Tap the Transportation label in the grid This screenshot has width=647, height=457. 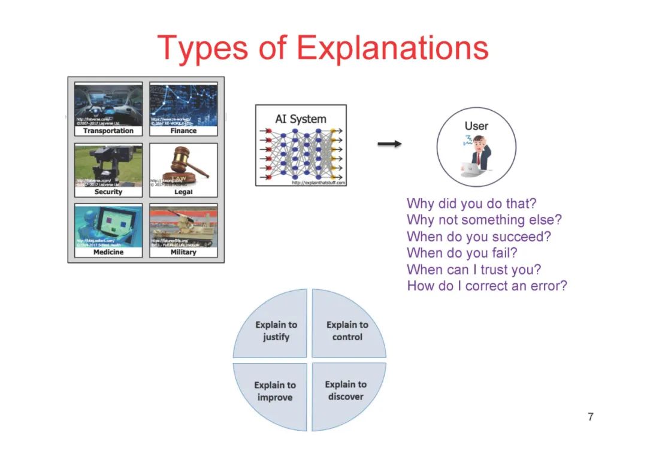108,131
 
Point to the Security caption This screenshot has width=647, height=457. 108,192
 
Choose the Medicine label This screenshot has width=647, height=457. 108,252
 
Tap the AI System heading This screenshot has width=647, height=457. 301,119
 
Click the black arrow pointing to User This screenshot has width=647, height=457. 389,144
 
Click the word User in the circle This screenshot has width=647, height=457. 476,126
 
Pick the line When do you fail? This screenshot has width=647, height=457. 461,253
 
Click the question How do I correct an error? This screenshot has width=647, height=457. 486,286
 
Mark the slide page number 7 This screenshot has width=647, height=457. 591,417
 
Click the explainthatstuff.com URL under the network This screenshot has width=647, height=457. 319,183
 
